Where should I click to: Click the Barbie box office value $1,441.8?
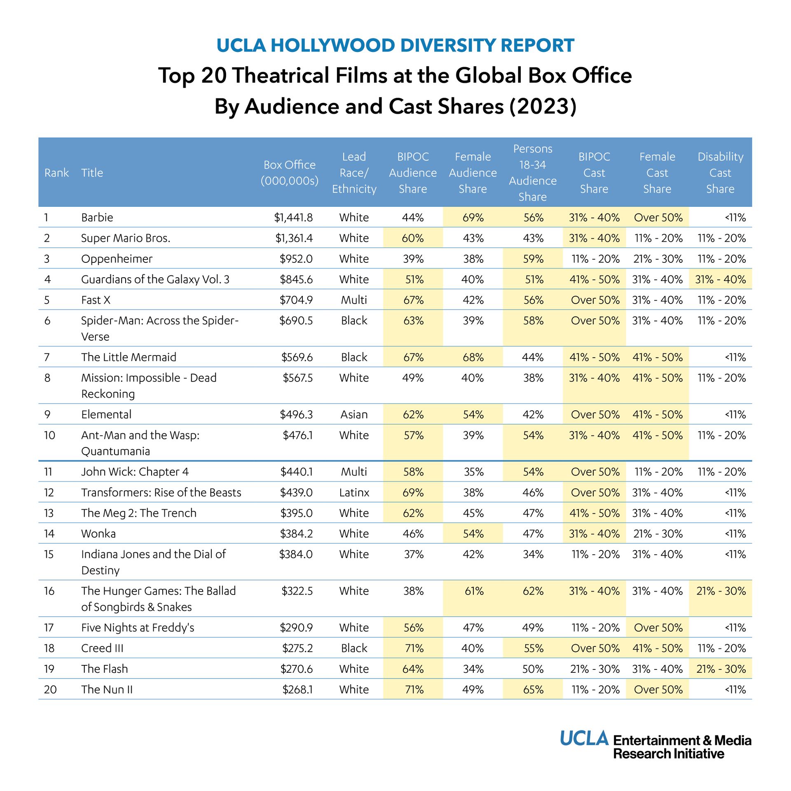click(x=293, y=217)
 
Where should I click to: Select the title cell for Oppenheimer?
click(x=117, y=259)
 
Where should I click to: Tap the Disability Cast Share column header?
click(x=720, y=173)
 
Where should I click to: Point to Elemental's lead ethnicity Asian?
click(x=354, y=414)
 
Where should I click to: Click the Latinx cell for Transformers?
click(x=354, y=492)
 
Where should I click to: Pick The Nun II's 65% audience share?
click(x=533, y=689)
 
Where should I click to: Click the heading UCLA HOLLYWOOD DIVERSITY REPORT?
click(x=395, y=45)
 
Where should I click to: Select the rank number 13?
click(x=49, y=513)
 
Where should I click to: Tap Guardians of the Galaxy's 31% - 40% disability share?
click(x=720, y=279)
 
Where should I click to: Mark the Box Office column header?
click(x=289, y=173)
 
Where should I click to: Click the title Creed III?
click(x=102, y=648)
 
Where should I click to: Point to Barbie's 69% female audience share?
click(x=473, y=217)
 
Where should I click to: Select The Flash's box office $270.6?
click(x=296, y=669)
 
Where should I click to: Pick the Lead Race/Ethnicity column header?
click(x=354, y=173)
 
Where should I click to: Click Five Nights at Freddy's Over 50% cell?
click(x=658, y=627)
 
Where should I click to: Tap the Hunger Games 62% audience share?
click(x=533, y=591)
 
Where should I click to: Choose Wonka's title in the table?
click(x=98, y=534)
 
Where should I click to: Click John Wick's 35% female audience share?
click(x=473, y=472)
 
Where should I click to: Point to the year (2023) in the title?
click(x=543, y=106)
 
